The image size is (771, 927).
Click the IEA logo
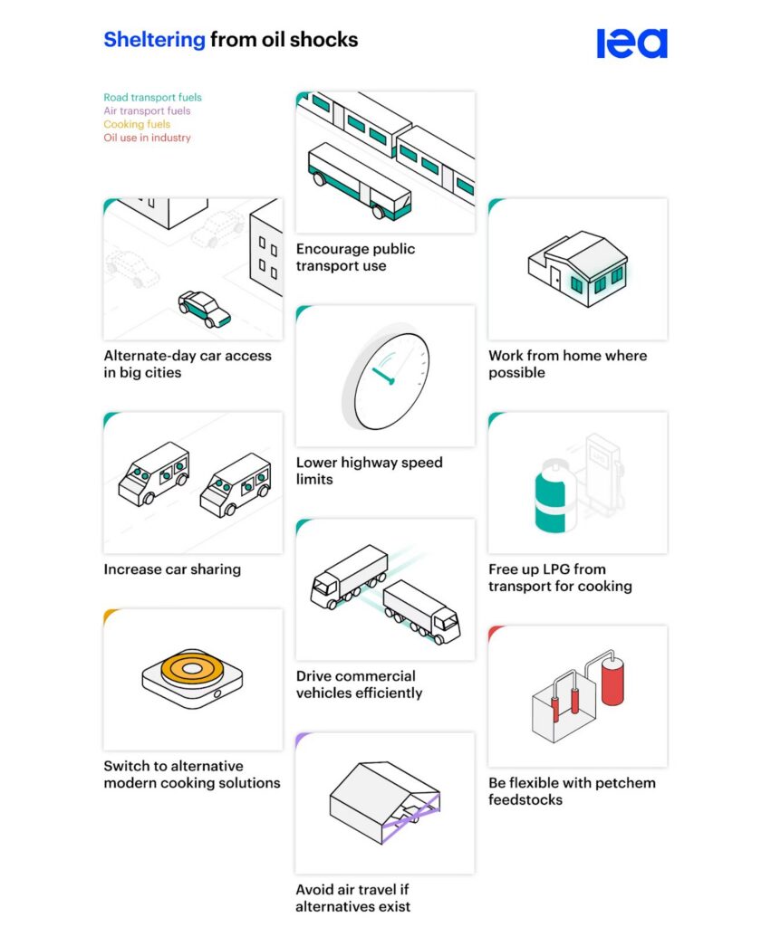coord(632,43)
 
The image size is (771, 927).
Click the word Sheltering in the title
coord(154,40)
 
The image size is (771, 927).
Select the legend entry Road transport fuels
coord(153,97)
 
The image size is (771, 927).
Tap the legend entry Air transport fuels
coord(147,110)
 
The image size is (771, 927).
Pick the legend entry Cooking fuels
coord(137,124)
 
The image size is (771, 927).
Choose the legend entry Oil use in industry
coord(148,138)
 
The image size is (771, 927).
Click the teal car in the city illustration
coord(205,309)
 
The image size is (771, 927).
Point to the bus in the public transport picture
coord(360,180)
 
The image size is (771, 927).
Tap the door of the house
coord(555,277)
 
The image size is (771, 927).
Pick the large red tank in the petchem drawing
coord(612,682)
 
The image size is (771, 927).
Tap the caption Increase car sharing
coord(172,569)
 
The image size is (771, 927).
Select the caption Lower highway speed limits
coord(370,471)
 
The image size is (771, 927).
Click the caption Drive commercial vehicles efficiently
coord(359,684)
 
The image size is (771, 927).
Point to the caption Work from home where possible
coord(567,364)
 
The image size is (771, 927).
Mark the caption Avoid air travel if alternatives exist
coord(352,897)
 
